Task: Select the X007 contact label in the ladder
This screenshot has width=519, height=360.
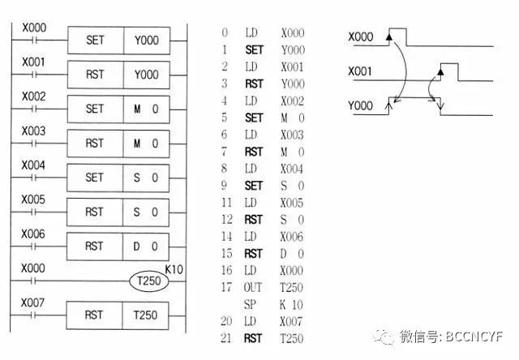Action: pyautogui.click(x=34, y=302)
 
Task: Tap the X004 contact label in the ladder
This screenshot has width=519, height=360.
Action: pyautogui.click(x=34, y=165)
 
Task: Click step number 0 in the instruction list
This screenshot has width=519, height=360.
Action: pyautogui.click(x=224, y=34)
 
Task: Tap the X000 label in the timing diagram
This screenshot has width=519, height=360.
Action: pyautogui.click(x=360, y=37)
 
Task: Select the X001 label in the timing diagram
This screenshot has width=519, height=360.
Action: pyautogui.click(x=360, y=72)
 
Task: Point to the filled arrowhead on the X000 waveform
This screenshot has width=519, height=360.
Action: pyautogui.click(x=390, y=36)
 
